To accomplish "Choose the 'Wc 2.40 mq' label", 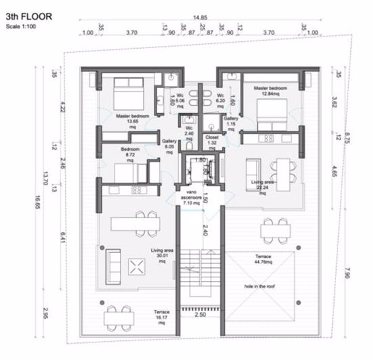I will click(x=190, y=131).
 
